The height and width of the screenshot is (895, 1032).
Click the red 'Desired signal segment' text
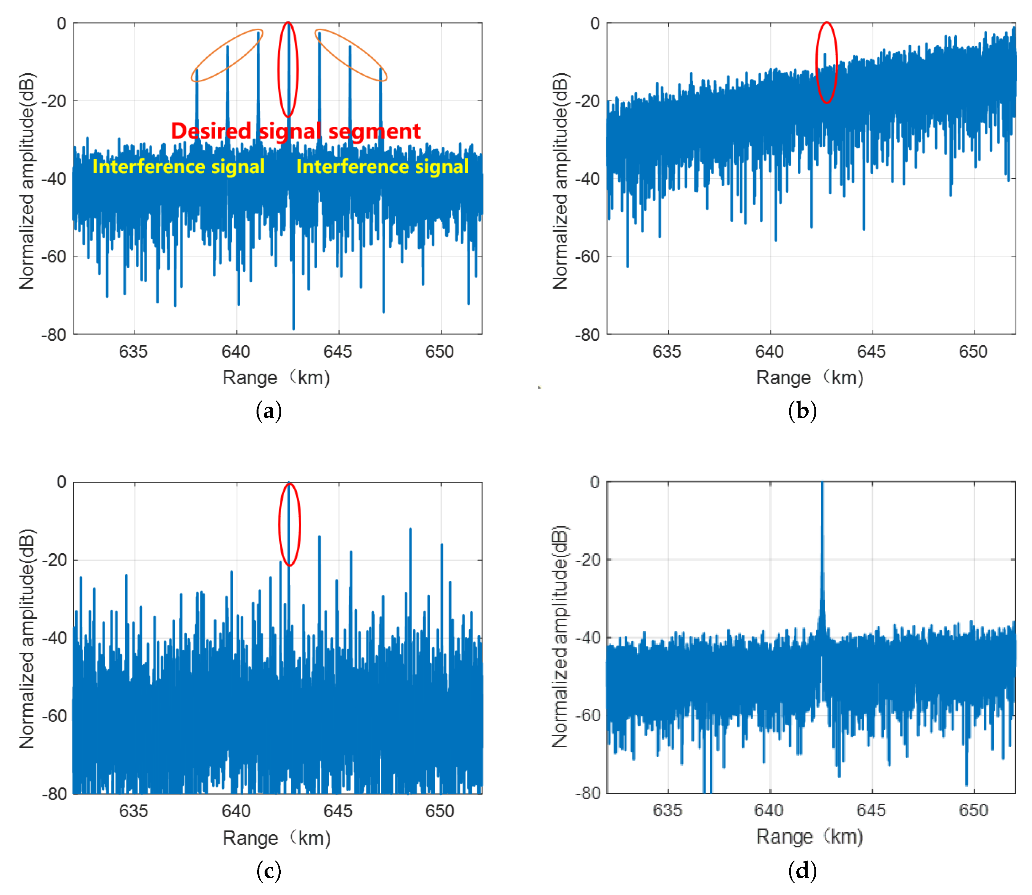pos(296,131)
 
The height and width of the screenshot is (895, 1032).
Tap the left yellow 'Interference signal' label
pos(178,166)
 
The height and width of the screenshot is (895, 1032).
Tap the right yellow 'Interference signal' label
pos(382,166)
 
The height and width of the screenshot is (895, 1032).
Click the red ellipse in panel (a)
pos(288,69)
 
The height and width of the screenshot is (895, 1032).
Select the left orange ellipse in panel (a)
pos(227,55)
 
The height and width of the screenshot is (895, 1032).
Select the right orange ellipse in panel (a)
pos(351,55)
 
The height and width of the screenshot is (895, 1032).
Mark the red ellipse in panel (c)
pos(289,524)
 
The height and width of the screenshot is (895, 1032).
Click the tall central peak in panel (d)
pos(822,549)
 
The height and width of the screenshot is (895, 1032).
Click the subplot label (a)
pos(269,411)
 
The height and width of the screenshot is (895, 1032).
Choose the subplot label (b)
pos(802,411)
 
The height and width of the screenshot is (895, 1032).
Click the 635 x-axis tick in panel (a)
pos(134,352)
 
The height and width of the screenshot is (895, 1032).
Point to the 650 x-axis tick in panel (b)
pos(973,352)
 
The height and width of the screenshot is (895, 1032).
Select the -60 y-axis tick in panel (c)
pos(54,716)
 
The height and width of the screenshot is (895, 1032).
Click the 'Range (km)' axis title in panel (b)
pos(810,378)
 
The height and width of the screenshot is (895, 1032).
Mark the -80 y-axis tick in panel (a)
pos(54,335)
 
